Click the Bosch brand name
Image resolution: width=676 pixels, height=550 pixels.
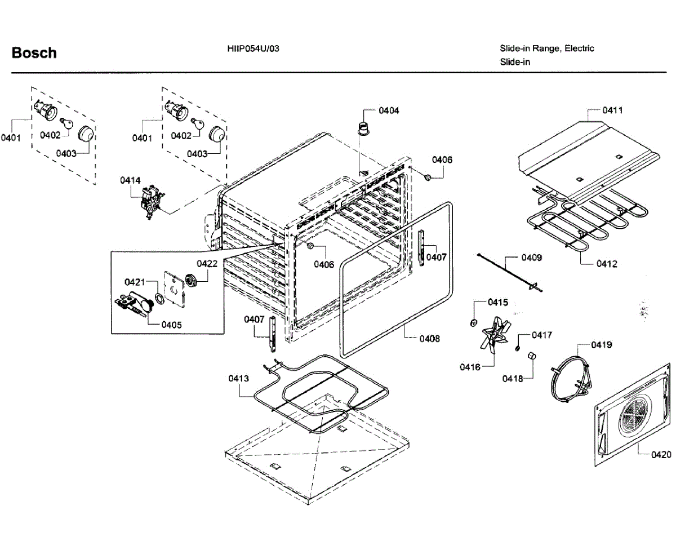click(34, 53)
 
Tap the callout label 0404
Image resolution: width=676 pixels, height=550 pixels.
click(389, 110)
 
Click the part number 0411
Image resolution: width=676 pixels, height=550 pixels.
click(612, 110)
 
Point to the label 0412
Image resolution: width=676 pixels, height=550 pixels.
click(607, 264)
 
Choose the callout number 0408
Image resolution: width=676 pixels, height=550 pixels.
click(429, 339)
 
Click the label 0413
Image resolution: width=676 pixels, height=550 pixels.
click(238, 379)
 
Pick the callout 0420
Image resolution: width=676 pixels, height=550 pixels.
click(660, 454)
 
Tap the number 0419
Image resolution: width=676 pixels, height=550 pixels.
click(601, 344)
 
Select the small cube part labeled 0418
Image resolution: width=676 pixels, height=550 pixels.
click(531, 355)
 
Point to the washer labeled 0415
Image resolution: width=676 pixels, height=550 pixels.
click(474, 322)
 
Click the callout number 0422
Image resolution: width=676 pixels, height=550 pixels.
click(207, 263)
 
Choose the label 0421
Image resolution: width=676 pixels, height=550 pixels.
click(135, 281)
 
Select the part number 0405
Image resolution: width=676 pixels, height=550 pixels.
click(171, 325)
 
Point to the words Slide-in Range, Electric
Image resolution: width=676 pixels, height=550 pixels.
click(546, 48)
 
